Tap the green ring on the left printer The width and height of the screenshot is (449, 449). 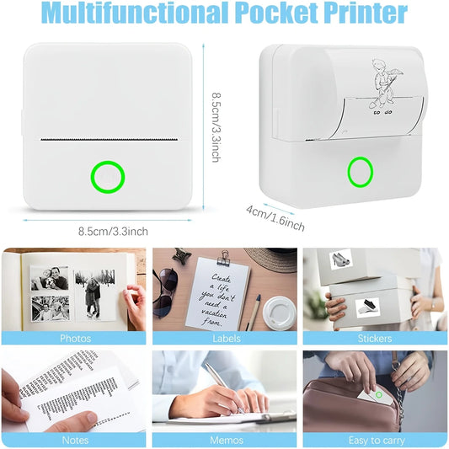click(108, 177)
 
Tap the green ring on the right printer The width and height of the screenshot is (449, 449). click(361, 172)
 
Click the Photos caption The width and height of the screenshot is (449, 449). click(75, 339)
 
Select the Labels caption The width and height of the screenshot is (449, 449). click(224, 339)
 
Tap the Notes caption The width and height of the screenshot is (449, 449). click(75, 440)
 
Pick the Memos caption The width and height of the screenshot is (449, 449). click(224, 440)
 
